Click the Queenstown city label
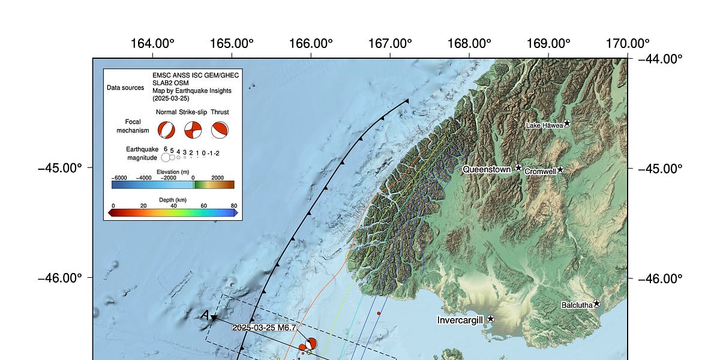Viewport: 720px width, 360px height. [487, 170]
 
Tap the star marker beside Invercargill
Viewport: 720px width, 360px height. [491, 319]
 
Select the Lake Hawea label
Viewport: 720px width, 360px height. [544, 125]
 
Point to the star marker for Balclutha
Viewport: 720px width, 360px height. [597, 304]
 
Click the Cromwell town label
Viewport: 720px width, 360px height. [540, 172]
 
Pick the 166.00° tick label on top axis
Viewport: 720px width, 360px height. [310, 44]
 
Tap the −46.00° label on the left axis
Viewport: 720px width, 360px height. [59, 278]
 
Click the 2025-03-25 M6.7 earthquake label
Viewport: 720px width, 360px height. [265, 328]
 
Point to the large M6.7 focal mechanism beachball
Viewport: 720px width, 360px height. [311, 344]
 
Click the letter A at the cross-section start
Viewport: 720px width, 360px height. [205, 315]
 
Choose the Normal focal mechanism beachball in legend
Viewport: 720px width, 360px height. [166, 130]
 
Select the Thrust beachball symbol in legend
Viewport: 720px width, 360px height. [220, 130]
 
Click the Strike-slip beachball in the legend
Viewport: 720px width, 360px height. [193, 130]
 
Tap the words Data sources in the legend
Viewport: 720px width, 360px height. [125, 88]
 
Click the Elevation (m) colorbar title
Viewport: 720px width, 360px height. [173, 172]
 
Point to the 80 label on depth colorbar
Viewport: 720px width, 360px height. [234, 206]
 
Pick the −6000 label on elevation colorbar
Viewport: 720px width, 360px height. [119, 178]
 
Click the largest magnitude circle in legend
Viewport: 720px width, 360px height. [166, 158]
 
